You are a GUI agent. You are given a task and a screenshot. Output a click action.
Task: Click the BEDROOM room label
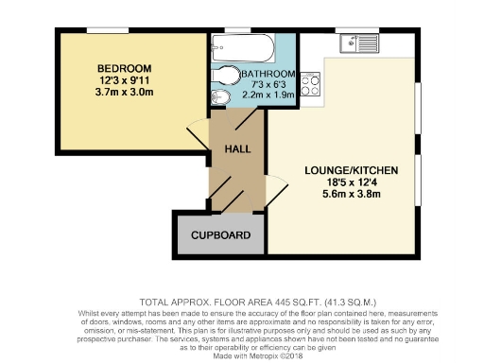[x=125, y=69]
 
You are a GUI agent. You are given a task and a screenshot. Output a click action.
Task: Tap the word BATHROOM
[x=268, y=74]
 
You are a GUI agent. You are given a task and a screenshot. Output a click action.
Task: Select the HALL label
[x=237, y=150]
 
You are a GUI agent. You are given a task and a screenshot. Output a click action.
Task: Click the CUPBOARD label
[x=220, y=235]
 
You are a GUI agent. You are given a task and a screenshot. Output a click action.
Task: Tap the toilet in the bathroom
[x=227, y=76]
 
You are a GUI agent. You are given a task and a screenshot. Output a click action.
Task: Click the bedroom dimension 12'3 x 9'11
[x=125, y=81]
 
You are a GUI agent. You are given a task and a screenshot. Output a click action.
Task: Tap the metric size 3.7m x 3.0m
[x=125, y=94]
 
